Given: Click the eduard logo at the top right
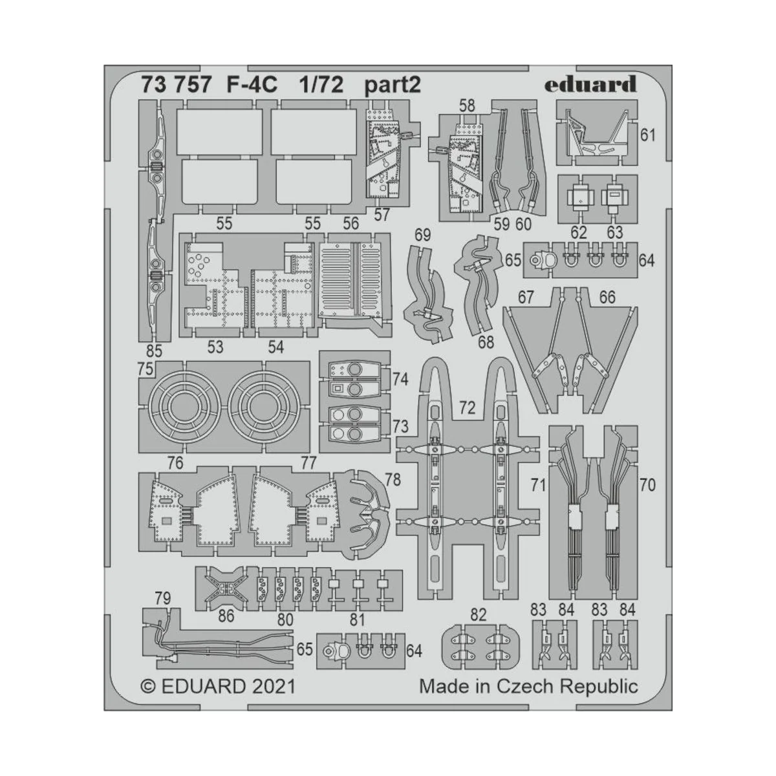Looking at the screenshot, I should point(590,84).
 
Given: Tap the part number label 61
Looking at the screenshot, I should point(647,135).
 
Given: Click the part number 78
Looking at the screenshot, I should point(393,480).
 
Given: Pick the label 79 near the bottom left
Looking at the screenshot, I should point(162,599).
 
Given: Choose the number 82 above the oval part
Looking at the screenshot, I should point(478,615).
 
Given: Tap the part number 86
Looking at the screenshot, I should point(226,616).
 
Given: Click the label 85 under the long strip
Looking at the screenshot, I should point(154,351).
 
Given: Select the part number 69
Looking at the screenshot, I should point(422,235).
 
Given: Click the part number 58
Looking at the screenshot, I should point(466,105).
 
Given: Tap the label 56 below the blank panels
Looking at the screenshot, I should point(351,224).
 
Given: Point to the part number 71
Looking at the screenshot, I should point(538,485).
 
